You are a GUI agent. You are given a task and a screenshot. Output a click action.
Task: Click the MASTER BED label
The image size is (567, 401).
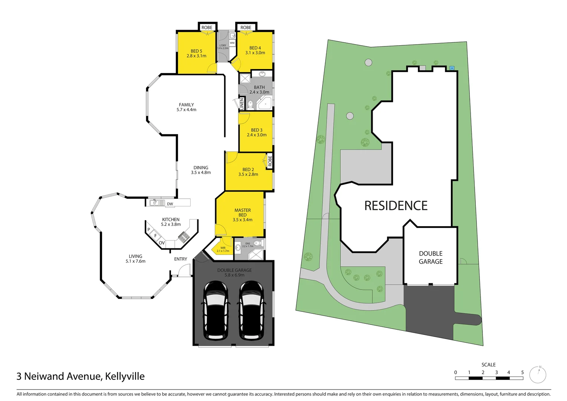pyautogui.click(x=243, y=212)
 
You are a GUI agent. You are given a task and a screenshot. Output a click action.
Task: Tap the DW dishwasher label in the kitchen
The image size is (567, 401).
pyautogui.click(x=170, y=204)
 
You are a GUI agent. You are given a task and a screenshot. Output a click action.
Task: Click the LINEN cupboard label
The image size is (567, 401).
pyautogui.click(x=242, y=104)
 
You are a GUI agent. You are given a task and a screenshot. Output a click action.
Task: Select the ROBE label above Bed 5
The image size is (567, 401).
pyautogui.click(x=207, y=27)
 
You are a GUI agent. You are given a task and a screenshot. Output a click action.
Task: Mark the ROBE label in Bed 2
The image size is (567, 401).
pyautogui.click(x=270, y=161)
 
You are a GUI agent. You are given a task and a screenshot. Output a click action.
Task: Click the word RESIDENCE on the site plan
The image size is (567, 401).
pyautogui.click(x=396, y=206)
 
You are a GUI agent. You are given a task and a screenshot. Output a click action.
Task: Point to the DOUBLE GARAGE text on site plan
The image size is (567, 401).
pyautogui.click(x=431, y=257)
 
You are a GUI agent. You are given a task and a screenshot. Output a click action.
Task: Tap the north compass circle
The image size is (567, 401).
pyautogui.click(x=538, y=375)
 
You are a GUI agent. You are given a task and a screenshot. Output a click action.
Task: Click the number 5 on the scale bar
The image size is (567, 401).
pyautogui.click(x=522, y=372)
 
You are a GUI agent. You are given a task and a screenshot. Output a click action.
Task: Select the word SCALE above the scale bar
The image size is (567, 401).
pyautogui.click(x=488, y=365)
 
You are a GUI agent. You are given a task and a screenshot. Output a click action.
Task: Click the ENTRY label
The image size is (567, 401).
pyautogui.click(x=181, y=259)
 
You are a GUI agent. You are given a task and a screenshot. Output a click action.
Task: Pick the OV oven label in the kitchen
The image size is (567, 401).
pyautogui.click(x=162, y=243)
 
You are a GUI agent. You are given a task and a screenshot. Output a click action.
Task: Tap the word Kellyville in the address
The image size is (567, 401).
pyautogui.click(x=125, y=376)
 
